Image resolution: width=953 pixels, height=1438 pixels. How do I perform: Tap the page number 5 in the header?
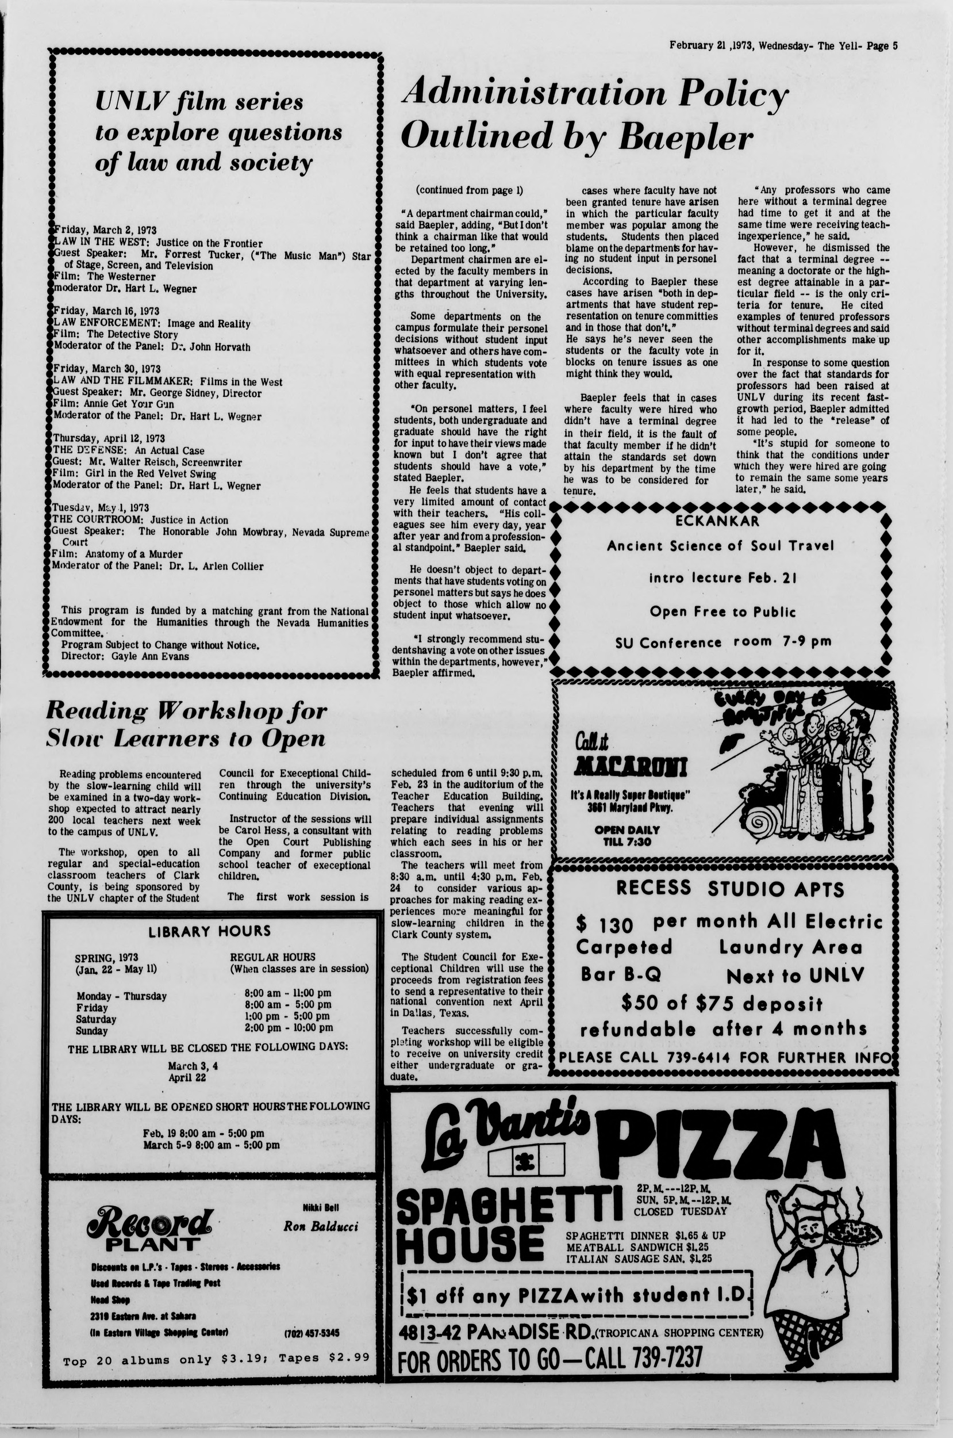click(896, 45)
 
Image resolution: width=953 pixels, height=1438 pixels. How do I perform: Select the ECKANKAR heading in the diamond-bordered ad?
click(717, 521)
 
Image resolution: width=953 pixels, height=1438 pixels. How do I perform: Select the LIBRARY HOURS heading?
click(209, 931)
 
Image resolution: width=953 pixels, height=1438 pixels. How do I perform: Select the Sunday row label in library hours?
click(91, 1031)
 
